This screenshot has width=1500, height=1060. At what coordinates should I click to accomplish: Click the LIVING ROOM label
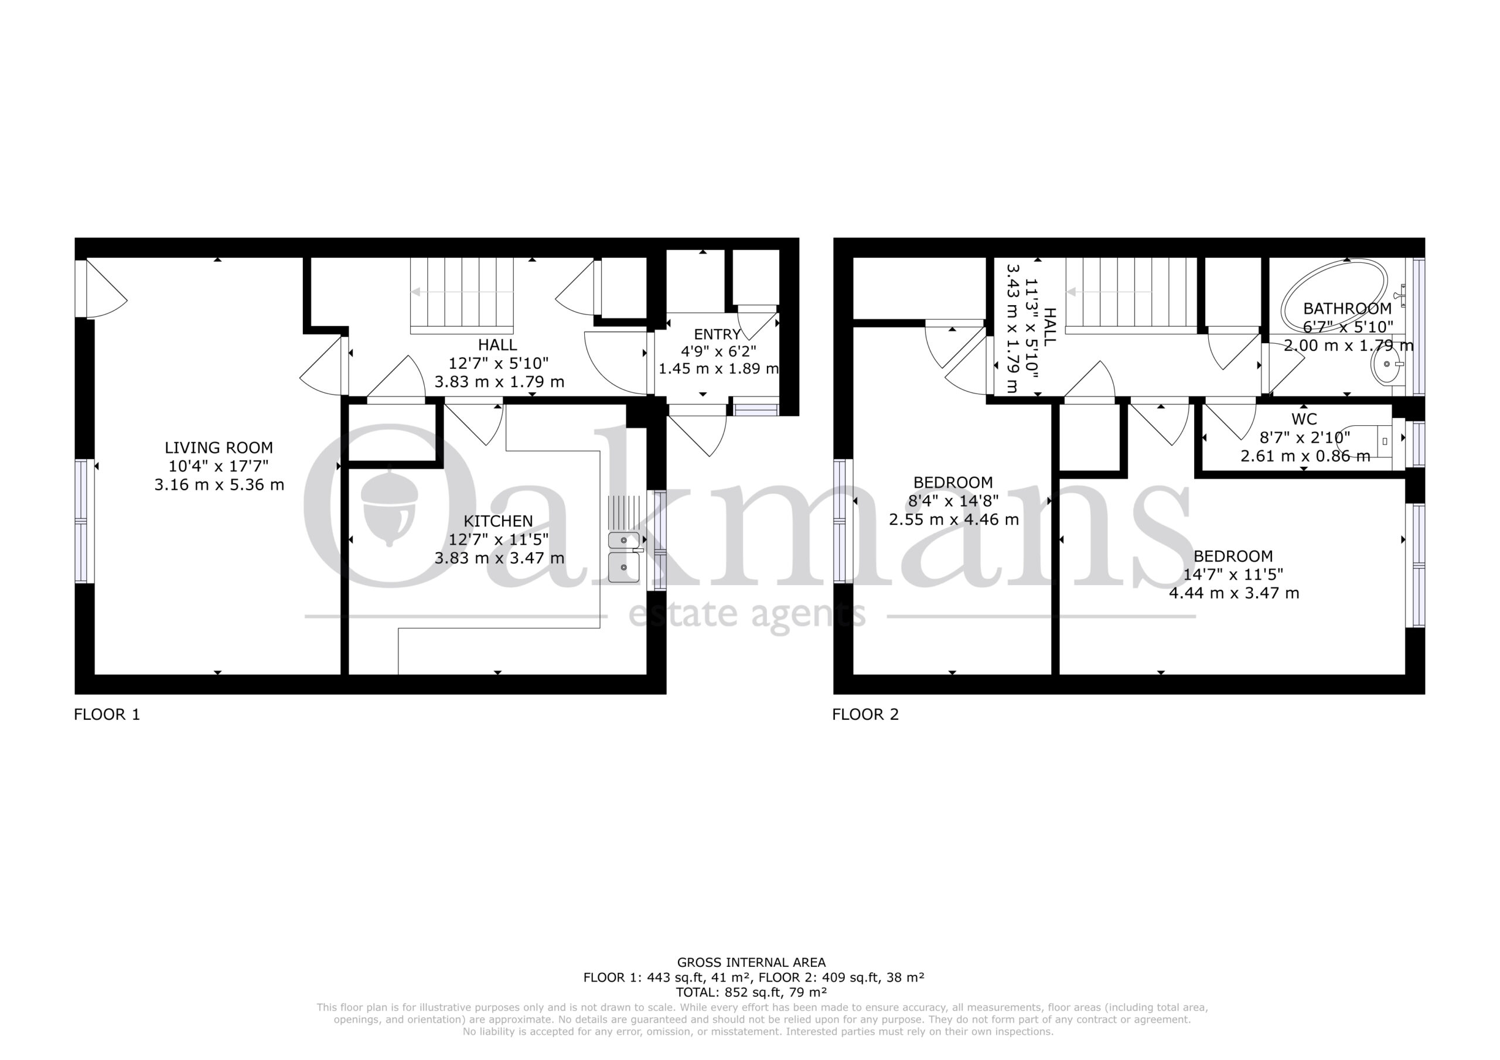tap(219, 448)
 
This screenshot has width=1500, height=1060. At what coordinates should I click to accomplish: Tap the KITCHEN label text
tap(499, 521)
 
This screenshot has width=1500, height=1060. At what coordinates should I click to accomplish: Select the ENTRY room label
tap(717, 334)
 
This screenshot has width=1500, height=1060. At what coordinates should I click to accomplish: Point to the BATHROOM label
tap(1347, 308)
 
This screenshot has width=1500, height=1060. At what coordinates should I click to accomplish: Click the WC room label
tap(1304, 419)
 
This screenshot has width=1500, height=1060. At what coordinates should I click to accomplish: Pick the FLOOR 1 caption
tap(107, 714)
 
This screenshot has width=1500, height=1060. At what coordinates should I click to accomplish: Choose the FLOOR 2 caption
tap(865, 714)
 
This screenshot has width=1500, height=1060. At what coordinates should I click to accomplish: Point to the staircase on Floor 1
tap(462, 295)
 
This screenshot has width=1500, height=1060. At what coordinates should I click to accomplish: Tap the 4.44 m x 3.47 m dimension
tap(1233, 594)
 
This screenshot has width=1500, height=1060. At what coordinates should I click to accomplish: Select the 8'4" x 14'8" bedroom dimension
tap(953, 501)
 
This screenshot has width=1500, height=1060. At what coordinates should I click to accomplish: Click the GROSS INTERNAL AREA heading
tap(751, 962)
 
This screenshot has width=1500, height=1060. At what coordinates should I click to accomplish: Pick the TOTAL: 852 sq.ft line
tap(751, 992)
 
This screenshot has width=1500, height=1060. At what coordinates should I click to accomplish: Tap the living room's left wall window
tap(80, 521)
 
